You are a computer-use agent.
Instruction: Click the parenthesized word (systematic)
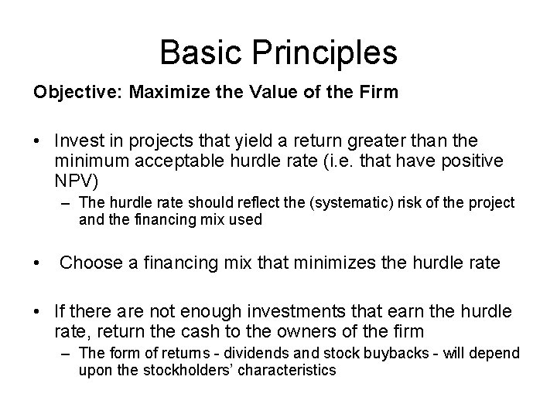351,202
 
